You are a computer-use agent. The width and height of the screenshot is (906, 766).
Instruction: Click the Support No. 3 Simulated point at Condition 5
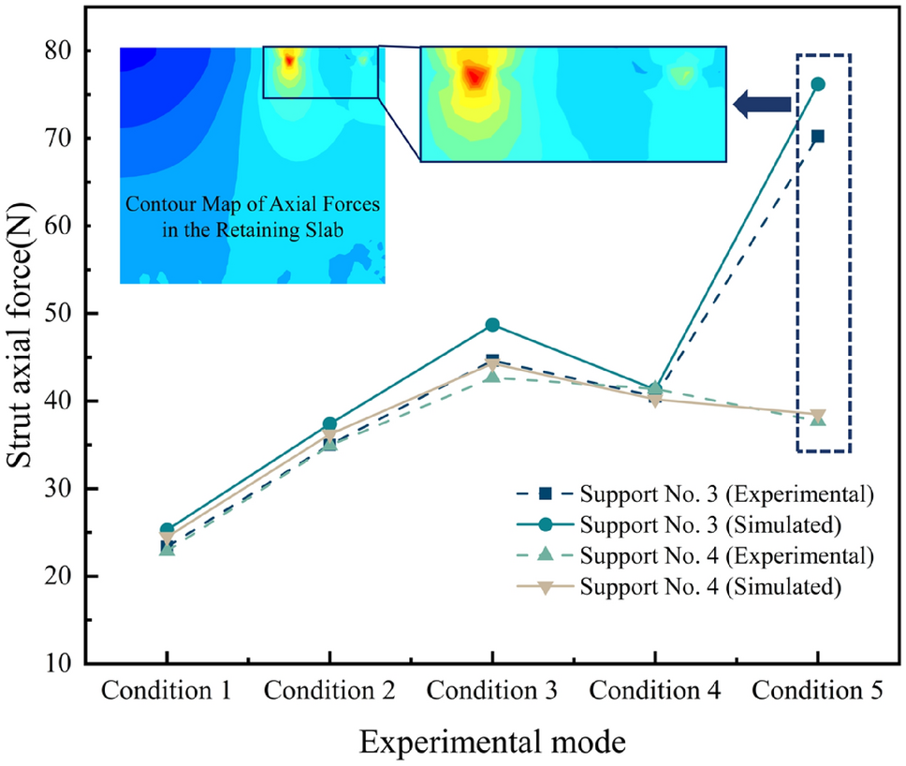tap(818, 84)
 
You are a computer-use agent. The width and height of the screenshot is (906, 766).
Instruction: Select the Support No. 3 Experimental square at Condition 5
tap(818, 137)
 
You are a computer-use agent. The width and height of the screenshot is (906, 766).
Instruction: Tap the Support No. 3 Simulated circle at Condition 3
tap(492, 325)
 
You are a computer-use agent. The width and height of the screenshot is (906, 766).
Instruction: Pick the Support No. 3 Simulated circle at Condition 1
tap(167, 530)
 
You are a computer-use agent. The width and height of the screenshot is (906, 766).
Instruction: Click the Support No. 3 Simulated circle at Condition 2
tap(329, 424)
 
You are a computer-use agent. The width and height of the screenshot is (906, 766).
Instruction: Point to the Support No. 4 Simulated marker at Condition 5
tap(818, 415)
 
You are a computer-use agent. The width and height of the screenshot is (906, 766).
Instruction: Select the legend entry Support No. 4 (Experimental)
tap(726, 555)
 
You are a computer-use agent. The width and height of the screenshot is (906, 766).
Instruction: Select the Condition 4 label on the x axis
tap(655, 692)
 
